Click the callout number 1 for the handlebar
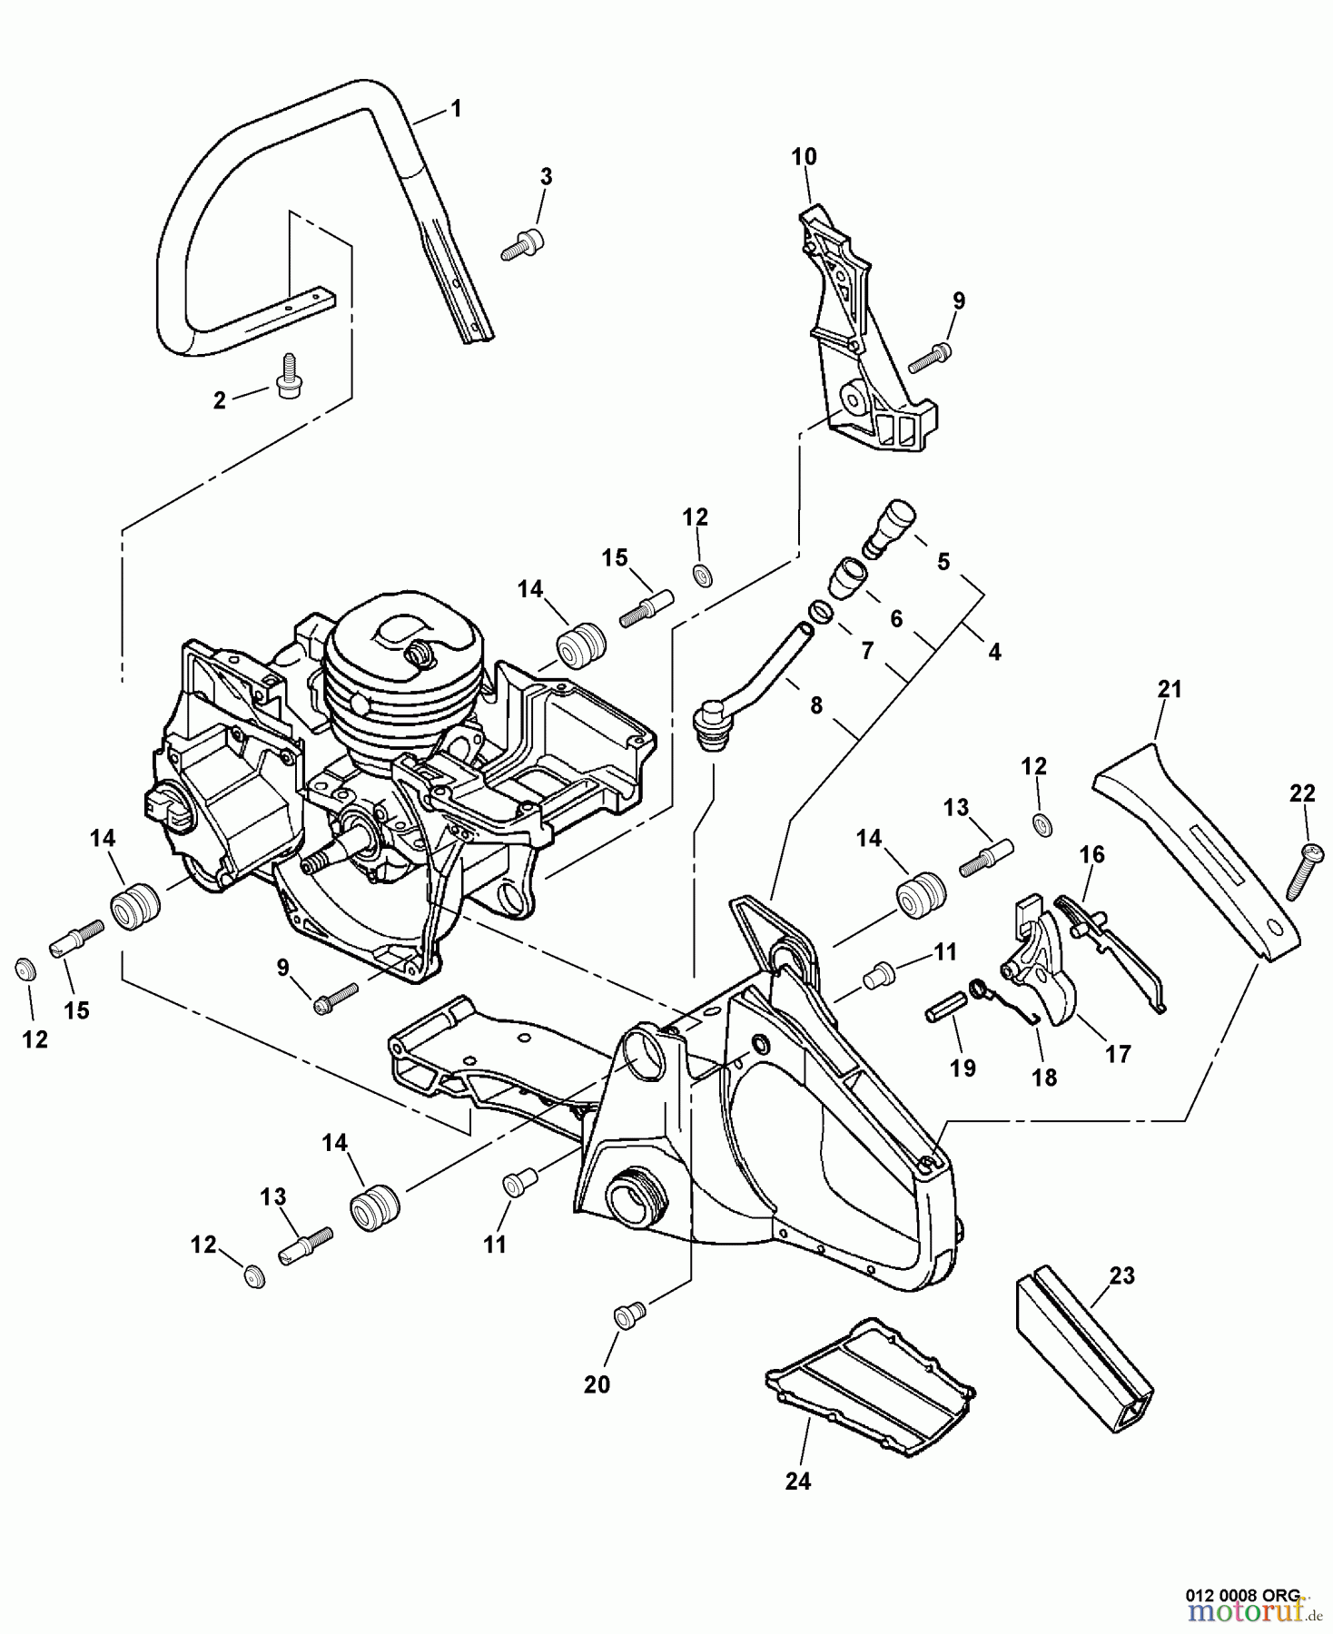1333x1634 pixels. point(456,109)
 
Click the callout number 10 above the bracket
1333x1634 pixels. point(804,157)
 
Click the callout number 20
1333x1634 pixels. point(597,1384)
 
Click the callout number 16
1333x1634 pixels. point(1091,854)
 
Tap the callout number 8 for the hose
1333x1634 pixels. point(815,704)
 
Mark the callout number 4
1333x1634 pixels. point(994,651)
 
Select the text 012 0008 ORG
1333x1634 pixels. point(1243,1594)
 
